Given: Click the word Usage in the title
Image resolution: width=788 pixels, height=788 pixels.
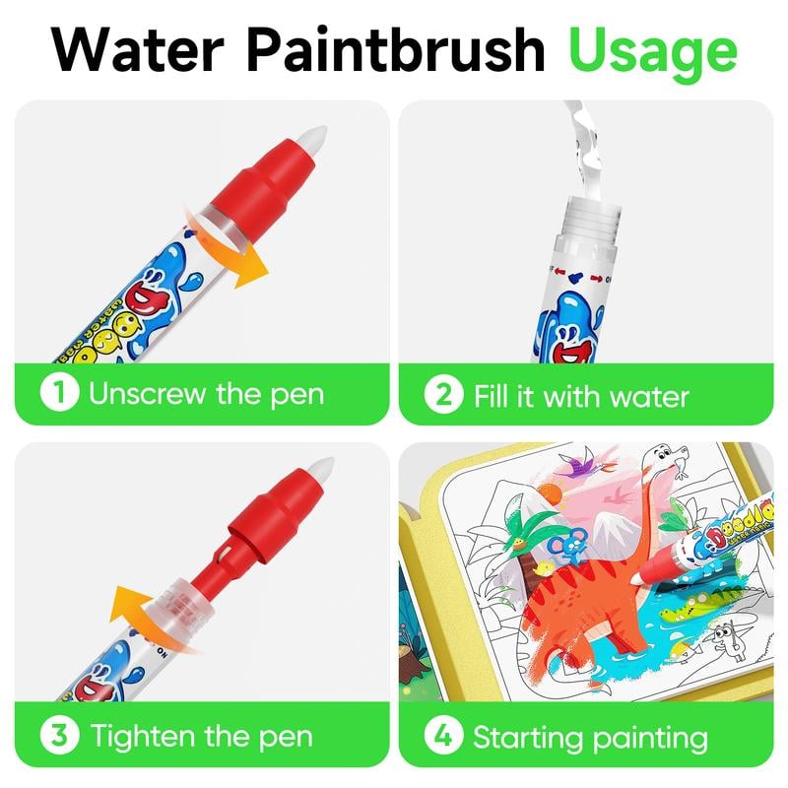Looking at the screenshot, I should [653, 48].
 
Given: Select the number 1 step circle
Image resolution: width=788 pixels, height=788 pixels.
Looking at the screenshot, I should [60, 395].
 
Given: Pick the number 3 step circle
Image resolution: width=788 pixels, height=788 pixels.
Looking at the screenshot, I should [60, 735].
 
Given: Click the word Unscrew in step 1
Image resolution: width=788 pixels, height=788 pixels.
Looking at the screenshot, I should [147, 395].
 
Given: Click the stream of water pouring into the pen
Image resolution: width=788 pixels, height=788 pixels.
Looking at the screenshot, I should [589, 138].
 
